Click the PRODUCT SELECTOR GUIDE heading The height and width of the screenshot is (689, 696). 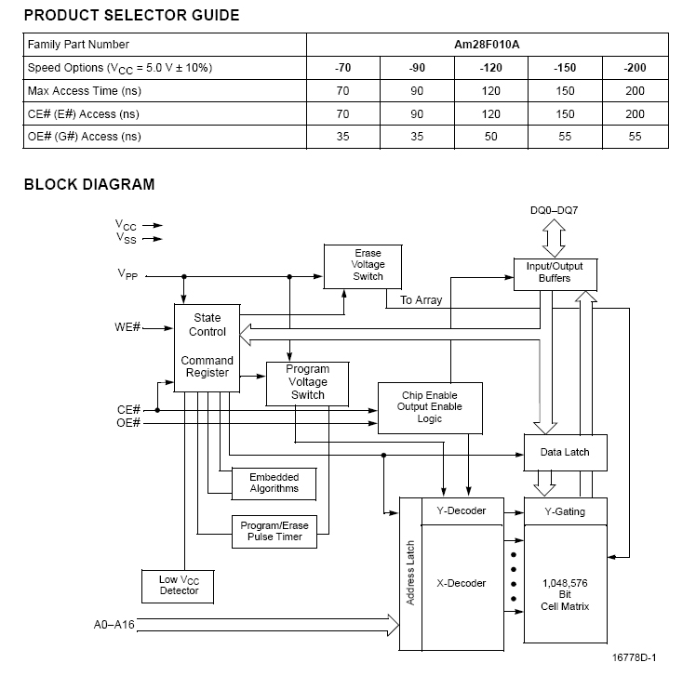131,15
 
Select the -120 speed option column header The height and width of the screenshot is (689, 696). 490,68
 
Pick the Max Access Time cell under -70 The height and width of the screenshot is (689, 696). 342,91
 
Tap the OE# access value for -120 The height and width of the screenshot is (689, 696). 490,137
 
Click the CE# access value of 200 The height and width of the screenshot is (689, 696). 635,114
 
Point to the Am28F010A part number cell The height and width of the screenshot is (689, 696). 488,45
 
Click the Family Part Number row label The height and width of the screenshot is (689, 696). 79,45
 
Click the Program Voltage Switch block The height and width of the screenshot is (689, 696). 307,382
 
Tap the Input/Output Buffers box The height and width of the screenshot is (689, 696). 555,272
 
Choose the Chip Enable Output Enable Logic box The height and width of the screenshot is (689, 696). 430,407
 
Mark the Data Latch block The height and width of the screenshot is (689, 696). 565,453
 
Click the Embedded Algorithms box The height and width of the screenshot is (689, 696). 274,483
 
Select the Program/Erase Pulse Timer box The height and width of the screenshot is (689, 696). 274,531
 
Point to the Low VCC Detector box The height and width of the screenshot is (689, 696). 179,585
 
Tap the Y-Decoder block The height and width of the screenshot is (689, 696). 461,510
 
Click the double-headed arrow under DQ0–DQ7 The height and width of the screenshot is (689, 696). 554,239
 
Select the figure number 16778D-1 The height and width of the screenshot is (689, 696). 634,658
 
